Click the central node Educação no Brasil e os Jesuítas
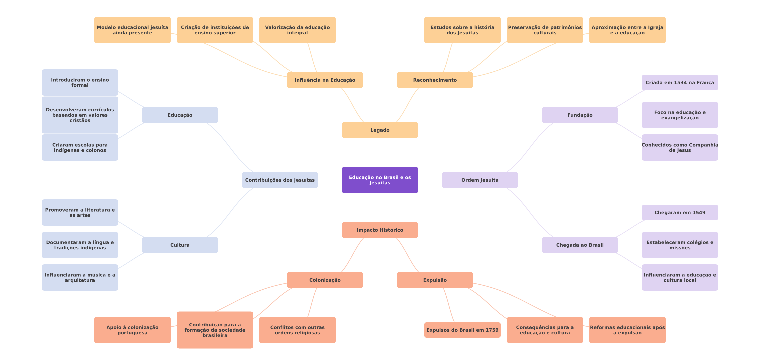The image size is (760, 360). [380, 180]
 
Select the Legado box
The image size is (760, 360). [380, 130]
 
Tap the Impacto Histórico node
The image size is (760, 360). [380, 230]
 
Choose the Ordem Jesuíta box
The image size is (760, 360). [480, 180]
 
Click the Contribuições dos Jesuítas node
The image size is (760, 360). [280, 180]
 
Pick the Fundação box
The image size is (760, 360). [580, 115]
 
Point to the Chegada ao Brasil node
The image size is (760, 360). [580, 245]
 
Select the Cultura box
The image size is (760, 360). [180, 245]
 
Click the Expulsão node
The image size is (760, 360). [435, 280]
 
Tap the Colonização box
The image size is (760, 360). [325, 280]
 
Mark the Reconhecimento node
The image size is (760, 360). [435, 80]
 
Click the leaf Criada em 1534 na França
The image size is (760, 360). [680, 83]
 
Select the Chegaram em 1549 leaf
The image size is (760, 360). [680, 213]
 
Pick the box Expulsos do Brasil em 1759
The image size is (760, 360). [462, 330]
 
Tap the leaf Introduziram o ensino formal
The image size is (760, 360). [80, 83]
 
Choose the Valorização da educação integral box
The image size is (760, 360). [297, 30]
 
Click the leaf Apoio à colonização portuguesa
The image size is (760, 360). [132, 330]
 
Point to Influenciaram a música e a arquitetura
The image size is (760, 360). [80, 278]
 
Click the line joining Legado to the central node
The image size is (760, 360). [380, 152]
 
